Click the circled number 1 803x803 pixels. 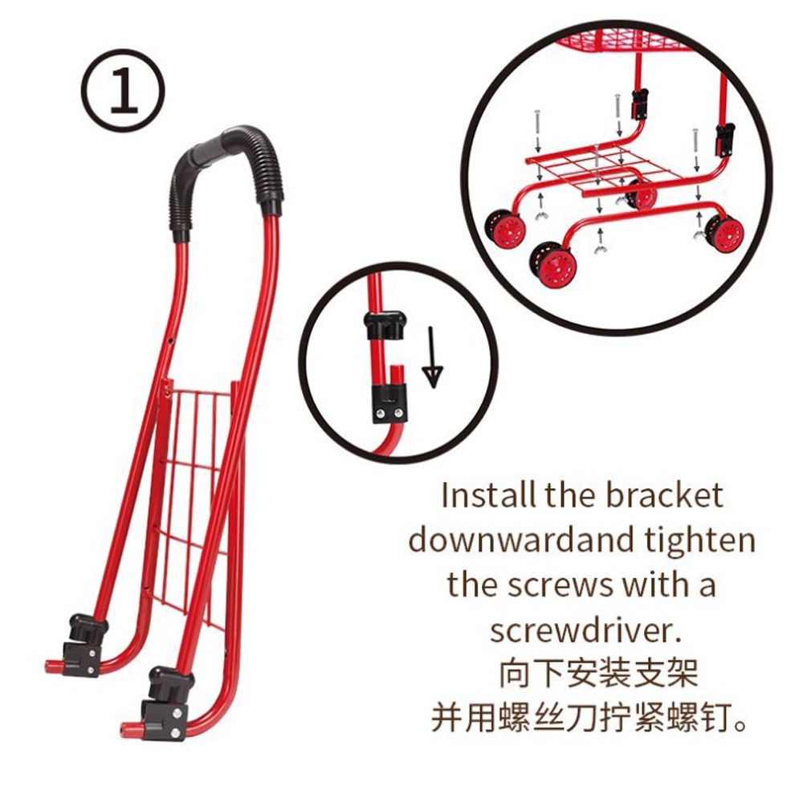click(124, 91)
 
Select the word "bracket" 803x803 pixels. click(665, 495)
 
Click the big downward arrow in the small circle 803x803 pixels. click(434, 357)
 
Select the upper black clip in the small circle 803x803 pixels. click(385, 326)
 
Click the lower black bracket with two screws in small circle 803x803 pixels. click(389, 405)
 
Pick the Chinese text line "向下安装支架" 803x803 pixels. click(598, 674)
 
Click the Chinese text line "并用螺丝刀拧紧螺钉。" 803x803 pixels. click(589, 718)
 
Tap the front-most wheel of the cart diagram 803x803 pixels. click(553, 267)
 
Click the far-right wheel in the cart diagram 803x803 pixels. click(724, 234)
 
